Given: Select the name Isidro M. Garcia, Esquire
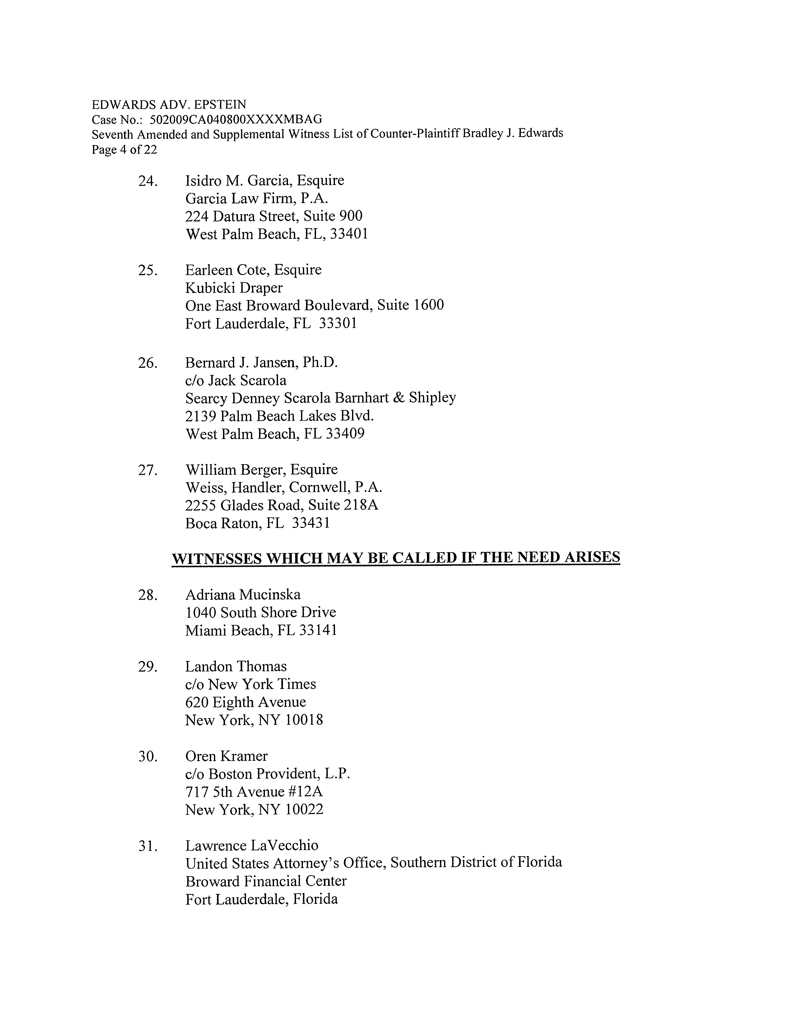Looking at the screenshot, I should (x=265, y=180).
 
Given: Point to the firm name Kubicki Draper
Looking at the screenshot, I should (x=234, y=288).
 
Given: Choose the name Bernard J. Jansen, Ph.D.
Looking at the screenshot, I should (x=262, y=363).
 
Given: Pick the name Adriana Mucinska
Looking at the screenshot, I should (x=243, y=595).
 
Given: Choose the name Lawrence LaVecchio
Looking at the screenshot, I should (x=252, y=846).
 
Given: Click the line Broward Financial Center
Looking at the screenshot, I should (x=266, y=881).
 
